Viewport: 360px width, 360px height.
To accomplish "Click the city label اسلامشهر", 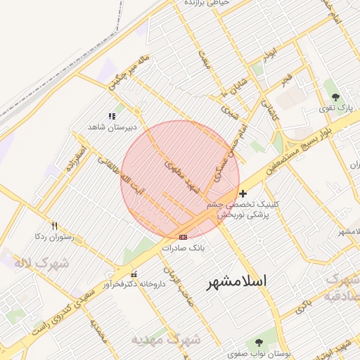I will (x=237, y=282).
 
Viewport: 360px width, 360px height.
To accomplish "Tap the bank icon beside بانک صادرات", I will (x=184, y=237).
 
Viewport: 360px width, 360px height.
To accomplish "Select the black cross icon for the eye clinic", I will (x=243, y=193).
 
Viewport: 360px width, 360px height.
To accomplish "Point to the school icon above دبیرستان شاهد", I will (x=111, y=116).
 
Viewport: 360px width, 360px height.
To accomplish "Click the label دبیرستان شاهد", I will (x=110, y=127).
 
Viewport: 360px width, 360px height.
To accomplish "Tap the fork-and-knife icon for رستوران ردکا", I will (x=54, y=226).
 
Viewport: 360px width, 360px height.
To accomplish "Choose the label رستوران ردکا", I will (x=53, y=238).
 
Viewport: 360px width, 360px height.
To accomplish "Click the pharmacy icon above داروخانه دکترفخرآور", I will (x=134, y=274).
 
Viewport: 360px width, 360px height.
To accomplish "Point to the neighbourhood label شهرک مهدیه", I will (x=157, y=340).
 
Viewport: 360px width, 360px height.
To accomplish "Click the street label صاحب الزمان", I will (x=179, y=280).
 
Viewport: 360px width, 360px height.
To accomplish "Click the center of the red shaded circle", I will (x=180, y=180).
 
